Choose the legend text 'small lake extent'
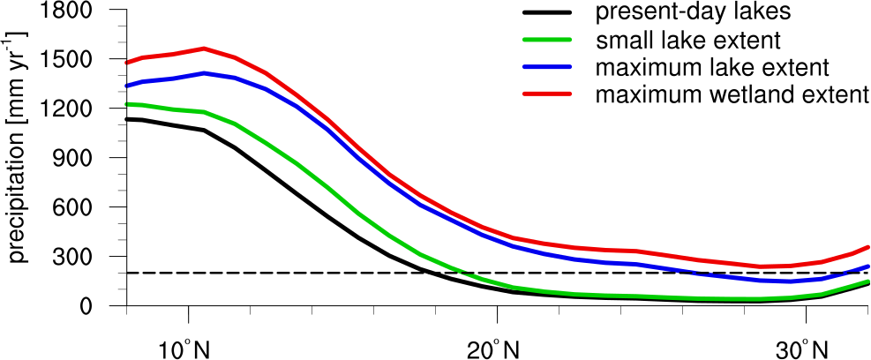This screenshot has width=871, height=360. [688, 41]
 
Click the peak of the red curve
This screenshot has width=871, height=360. [204, 49]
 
